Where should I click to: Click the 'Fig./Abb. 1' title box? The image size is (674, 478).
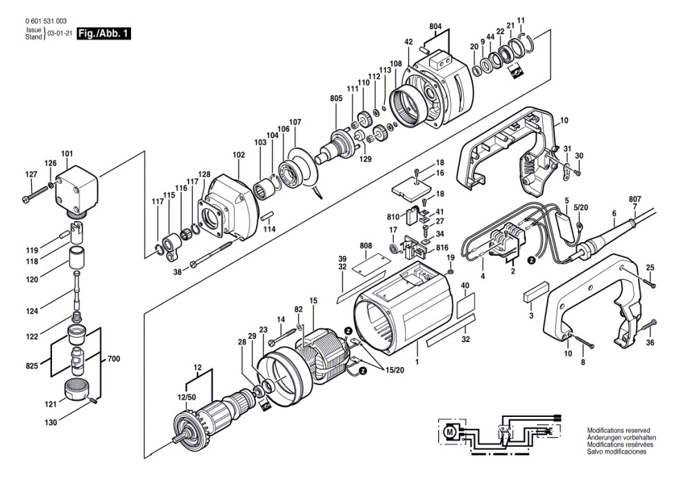click(103, 33)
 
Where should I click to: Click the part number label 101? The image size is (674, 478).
click(67, 153)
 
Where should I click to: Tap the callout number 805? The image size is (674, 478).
click(336, 99)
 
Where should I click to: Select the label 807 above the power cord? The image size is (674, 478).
click(635, 199)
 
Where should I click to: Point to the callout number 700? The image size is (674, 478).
click(114, 359)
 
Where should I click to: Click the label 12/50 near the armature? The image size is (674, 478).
click(187, 398)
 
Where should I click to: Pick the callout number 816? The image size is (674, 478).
click(442, 248)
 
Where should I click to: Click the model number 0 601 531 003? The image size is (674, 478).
click(46, 21)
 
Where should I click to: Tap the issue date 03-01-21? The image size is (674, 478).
click(60, 33)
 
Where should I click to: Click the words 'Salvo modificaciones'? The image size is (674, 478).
click(616, 452)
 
